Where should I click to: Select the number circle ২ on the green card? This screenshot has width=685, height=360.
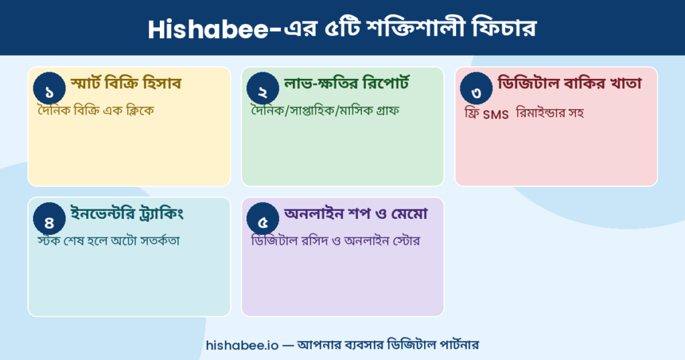263,90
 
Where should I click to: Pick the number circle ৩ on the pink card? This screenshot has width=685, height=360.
476,90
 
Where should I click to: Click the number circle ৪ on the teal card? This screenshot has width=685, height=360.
49,220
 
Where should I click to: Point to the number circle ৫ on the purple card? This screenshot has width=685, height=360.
263,220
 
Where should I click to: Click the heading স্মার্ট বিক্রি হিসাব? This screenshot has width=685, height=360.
126,84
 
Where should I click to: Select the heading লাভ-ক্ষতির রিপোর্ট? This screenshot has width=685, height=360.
347,84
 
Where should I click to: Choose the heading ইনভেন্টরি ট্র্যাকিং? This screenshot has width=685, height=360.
127,214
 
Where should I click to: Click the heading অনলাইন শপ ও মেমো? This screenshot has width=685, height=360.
356,214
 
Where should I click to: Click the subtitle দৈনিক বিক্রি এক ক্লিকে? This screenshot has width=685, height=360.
96,110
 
